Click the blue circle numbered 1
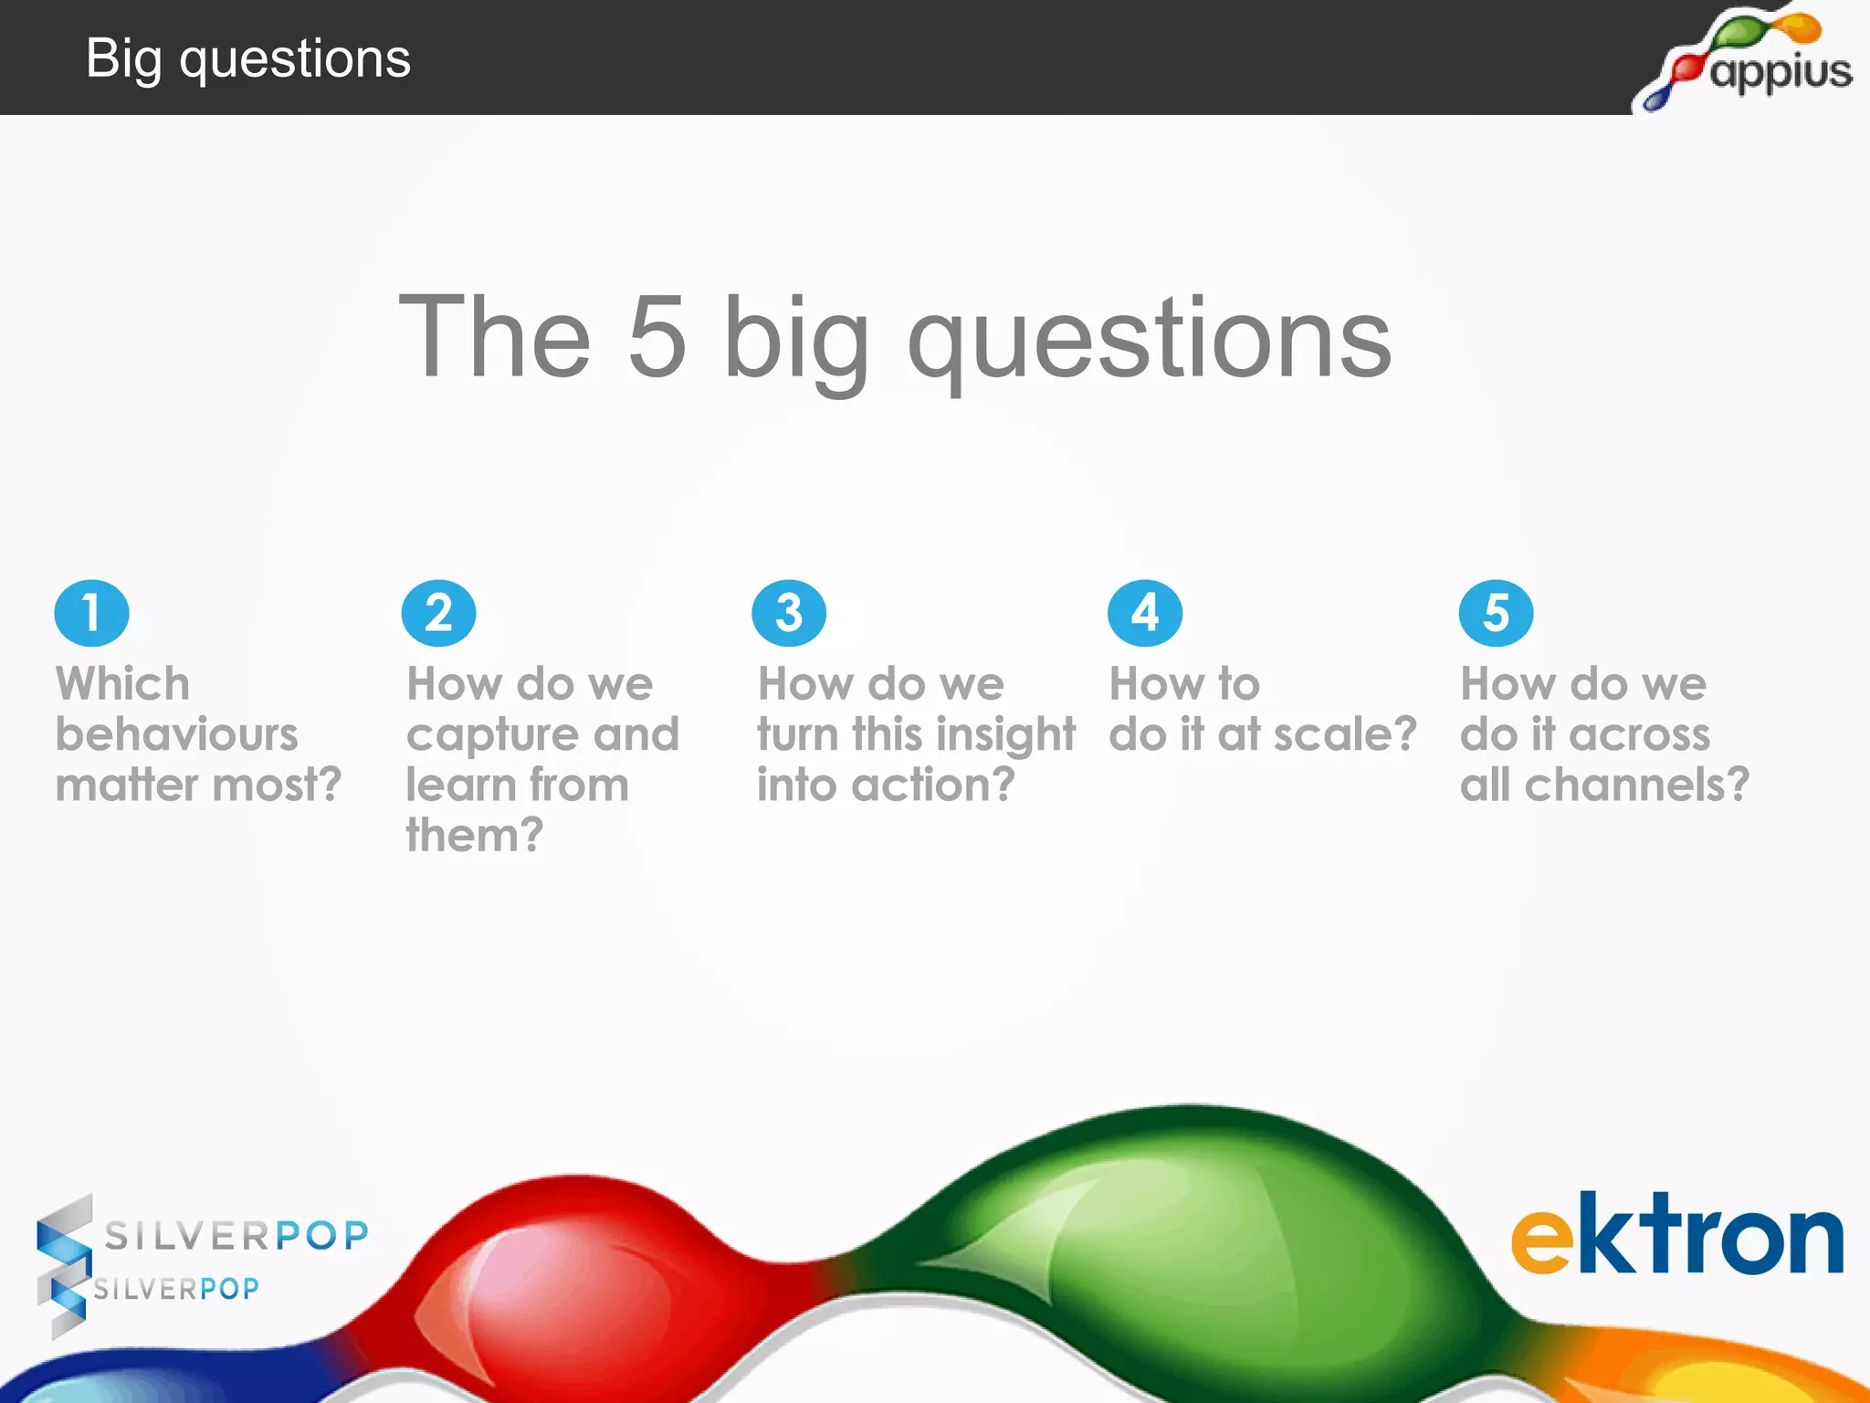(91, 613)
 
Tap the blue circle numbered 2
(438, 613)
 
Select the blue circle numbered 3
(789, 613)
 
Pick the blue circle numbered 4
(1144, 613)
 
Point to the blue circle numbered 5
(1496, 613)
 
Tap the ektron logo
(1676, 1235)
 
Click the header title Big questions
(247, 58)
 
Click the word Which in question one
(122, 683)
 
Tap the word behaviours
(176, 734)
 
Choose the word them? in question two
(474, 835)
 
